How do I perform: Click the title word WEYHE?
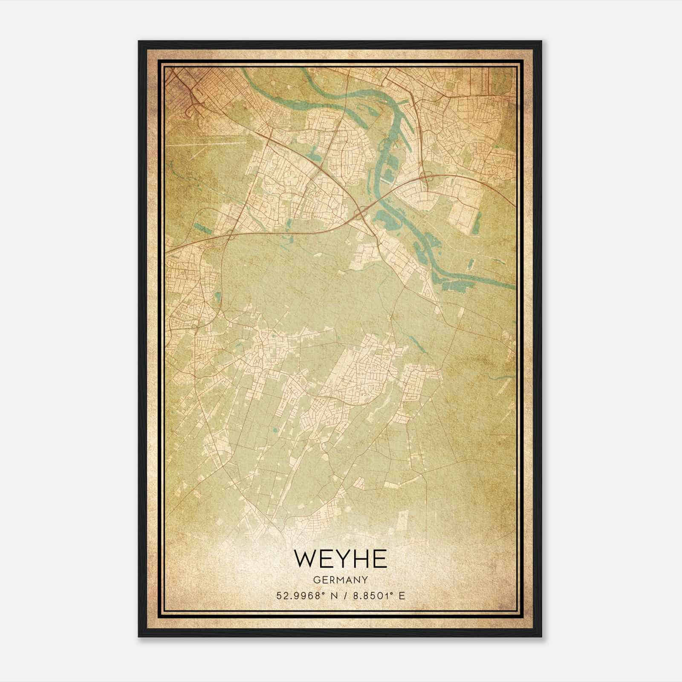(340, 559)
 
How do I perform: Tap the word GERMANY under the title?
(340, 580)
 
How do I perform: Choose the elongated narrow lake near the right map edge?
(471, 264)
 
